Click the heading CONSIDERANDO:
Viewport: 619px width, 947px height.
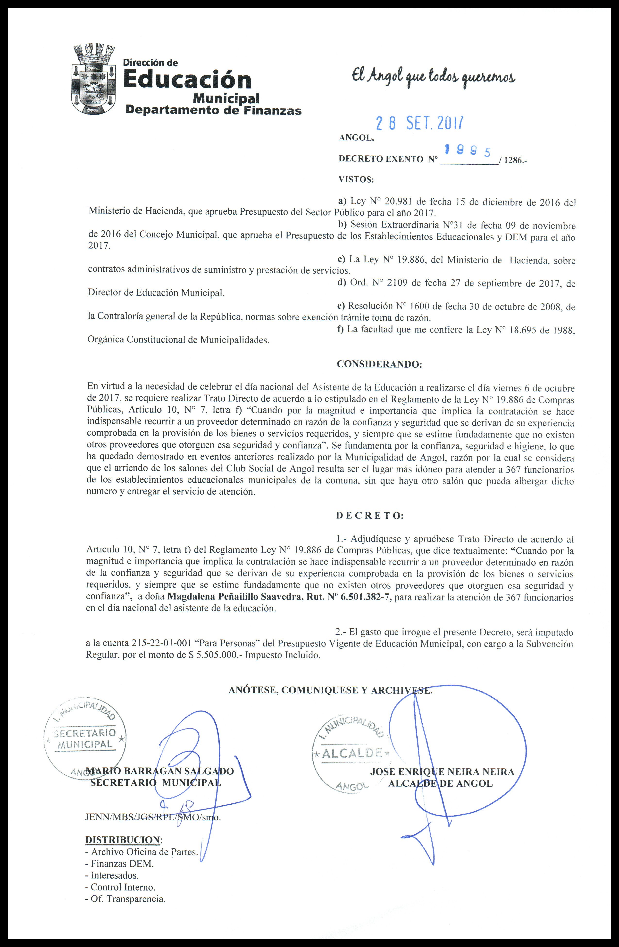click(379, 364)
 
